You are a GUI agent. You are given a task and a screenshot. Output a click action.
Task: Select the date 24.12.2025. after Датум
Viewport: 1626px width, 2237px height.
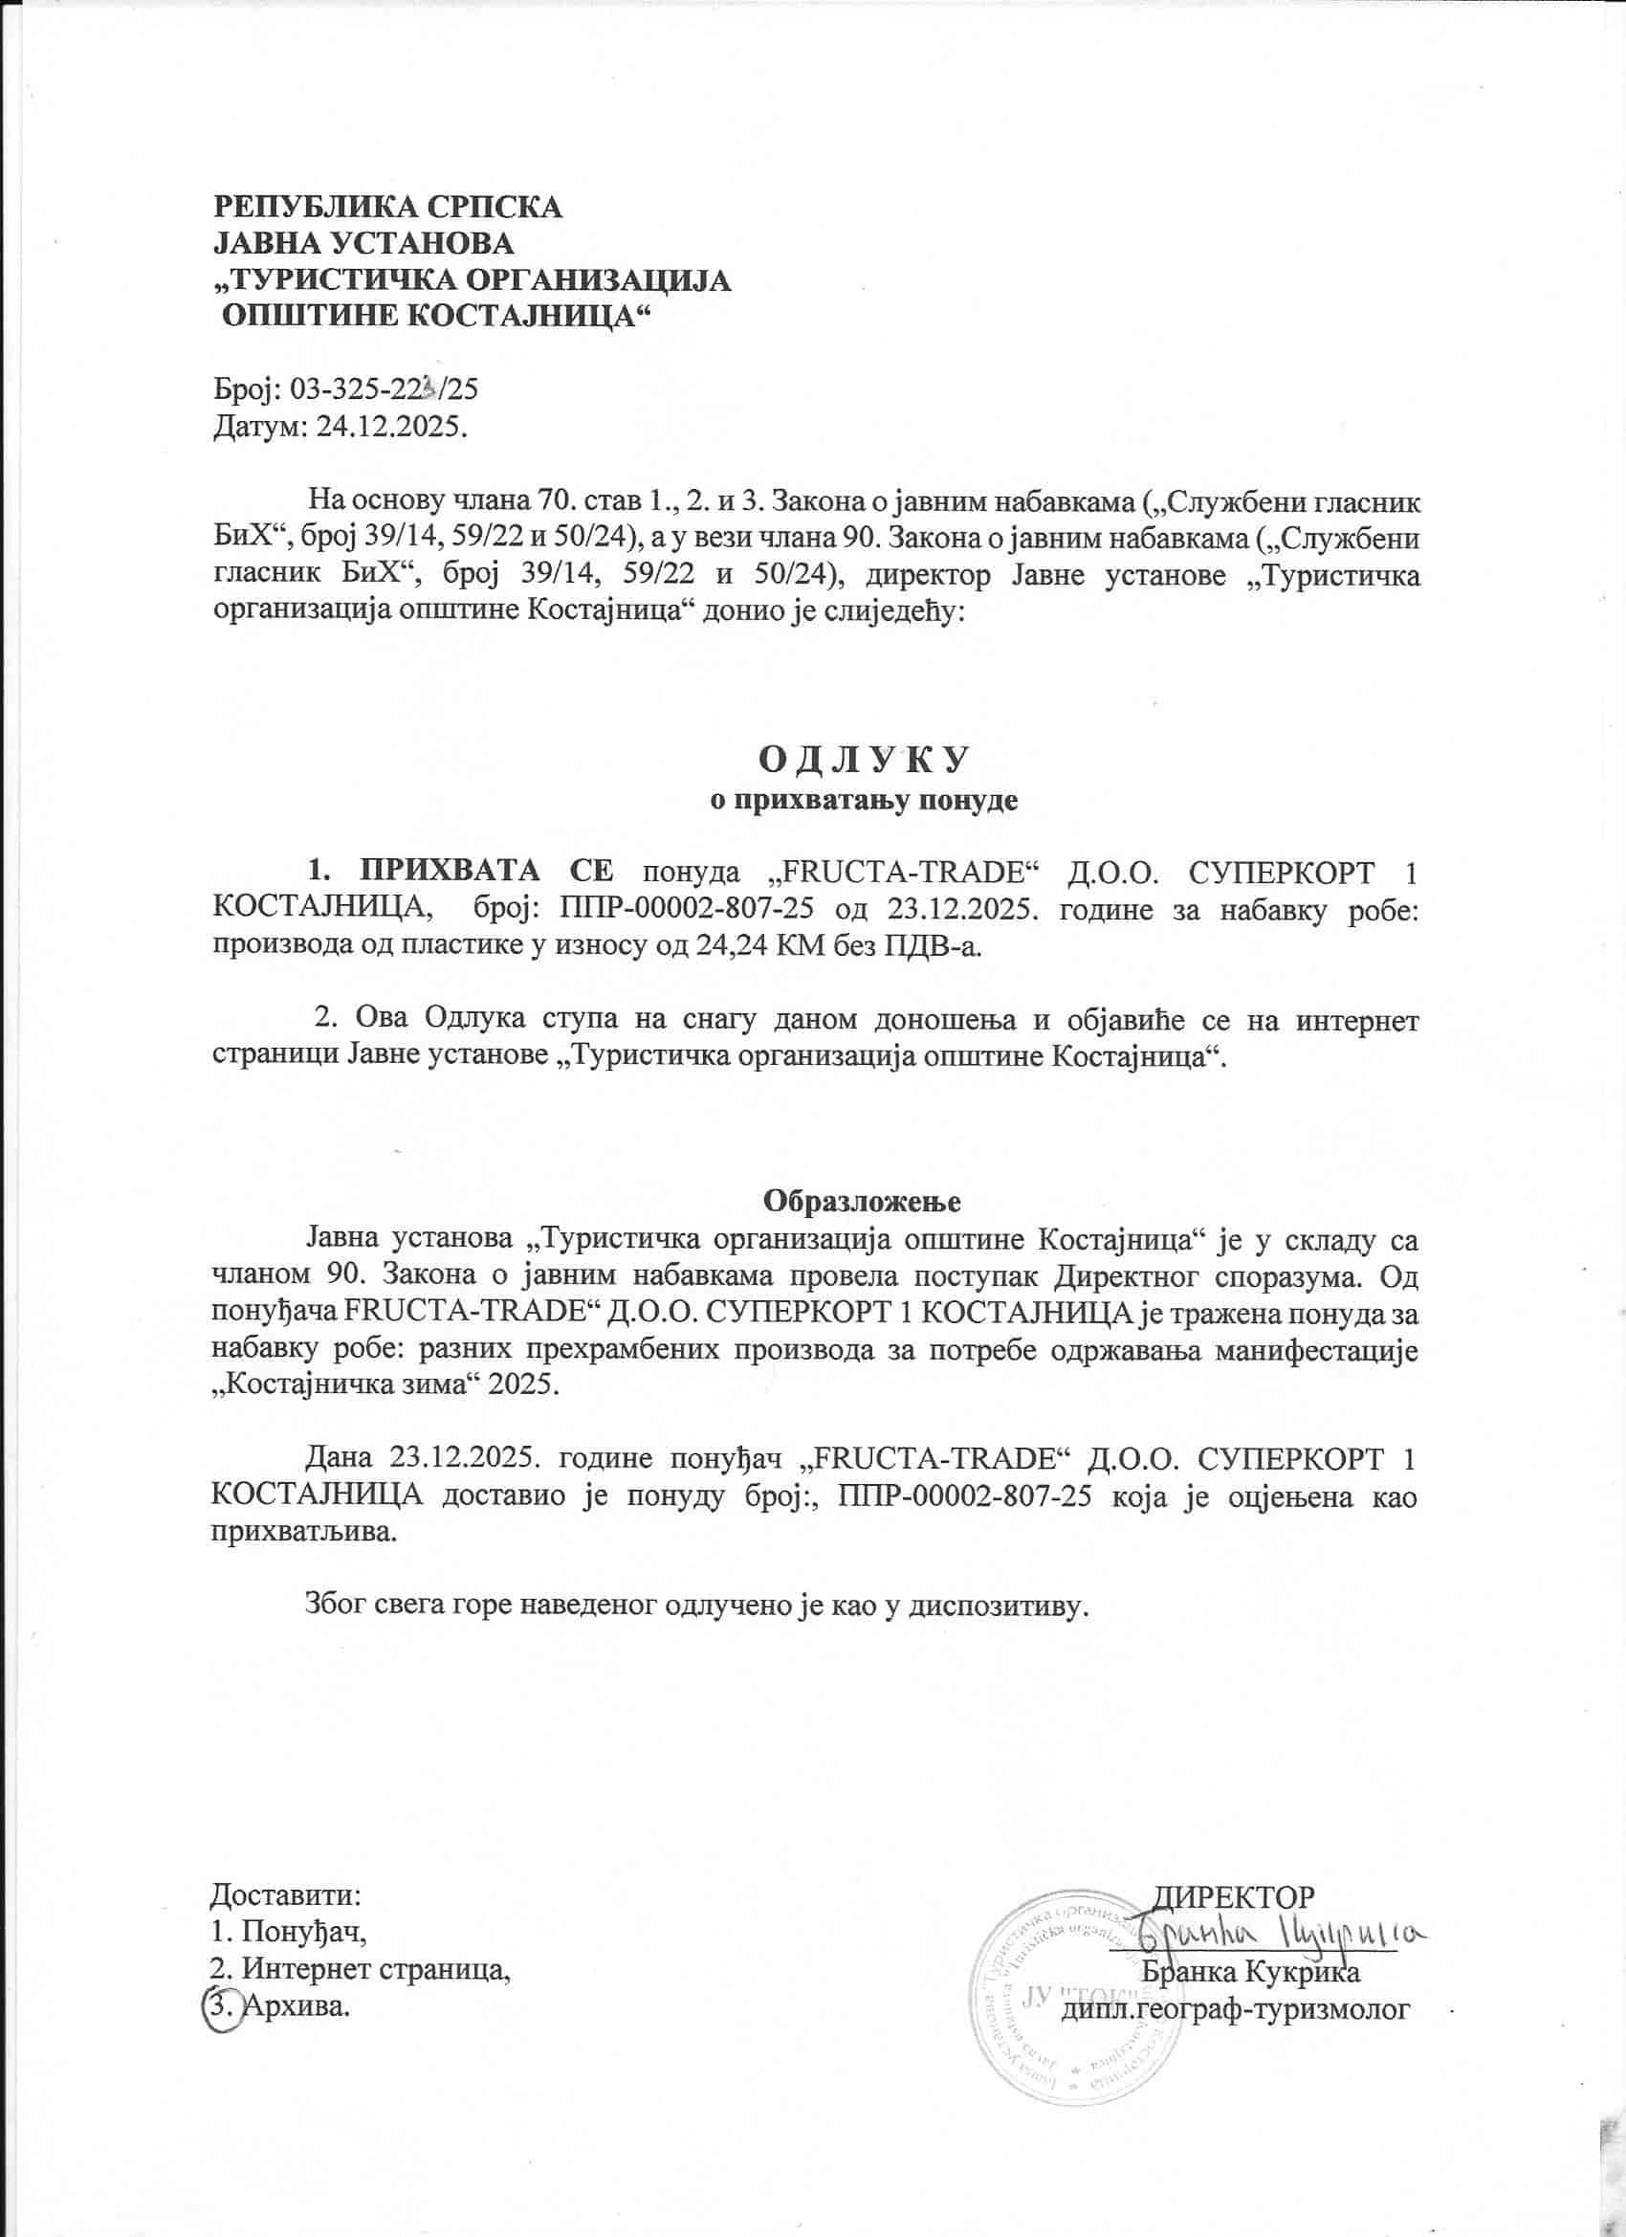point(391,427)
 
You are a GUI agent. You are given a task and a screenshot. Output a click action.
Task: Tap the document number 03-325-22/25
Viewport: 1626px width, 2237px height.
point(385,388)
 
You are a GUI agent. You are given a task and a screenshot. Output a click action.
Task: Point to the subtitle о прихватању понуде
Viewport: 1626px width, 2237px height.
point(864,800)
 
